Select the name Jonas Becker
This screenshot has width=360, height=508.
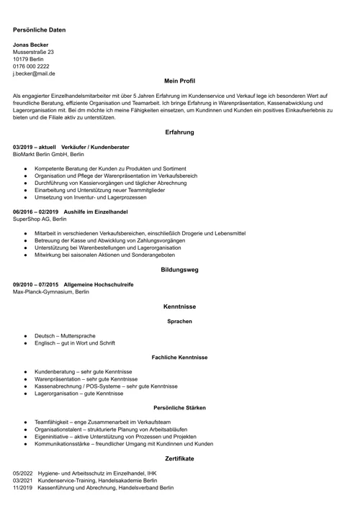[31, 45]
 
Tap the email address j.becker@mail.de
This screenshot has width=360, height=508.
[34, 73]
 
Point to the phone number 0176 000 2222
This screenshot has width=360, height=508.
[31, 66]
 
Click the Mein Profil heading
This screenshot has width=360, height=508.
[179, 81]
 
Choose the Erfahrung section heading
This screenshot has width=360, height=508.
[179, 132]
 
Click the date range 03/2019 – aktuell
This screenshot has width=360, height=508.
[35, 148]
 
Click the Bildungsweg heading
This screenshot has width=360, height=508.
[179, 270]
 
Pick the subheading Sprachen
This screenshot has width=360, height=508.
[179, 321]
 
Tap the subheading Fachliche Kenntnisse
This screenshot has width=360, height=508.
[179, 357]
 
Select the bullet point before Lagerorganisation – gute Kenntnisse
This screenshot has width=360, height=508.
[25, 394]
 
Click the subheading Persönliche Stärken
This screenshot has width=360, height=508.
[179, 408]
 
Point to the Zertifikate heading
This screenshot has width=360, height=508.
[179, 458]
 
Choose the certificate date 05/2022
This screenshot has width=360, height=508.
[22, 473]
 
